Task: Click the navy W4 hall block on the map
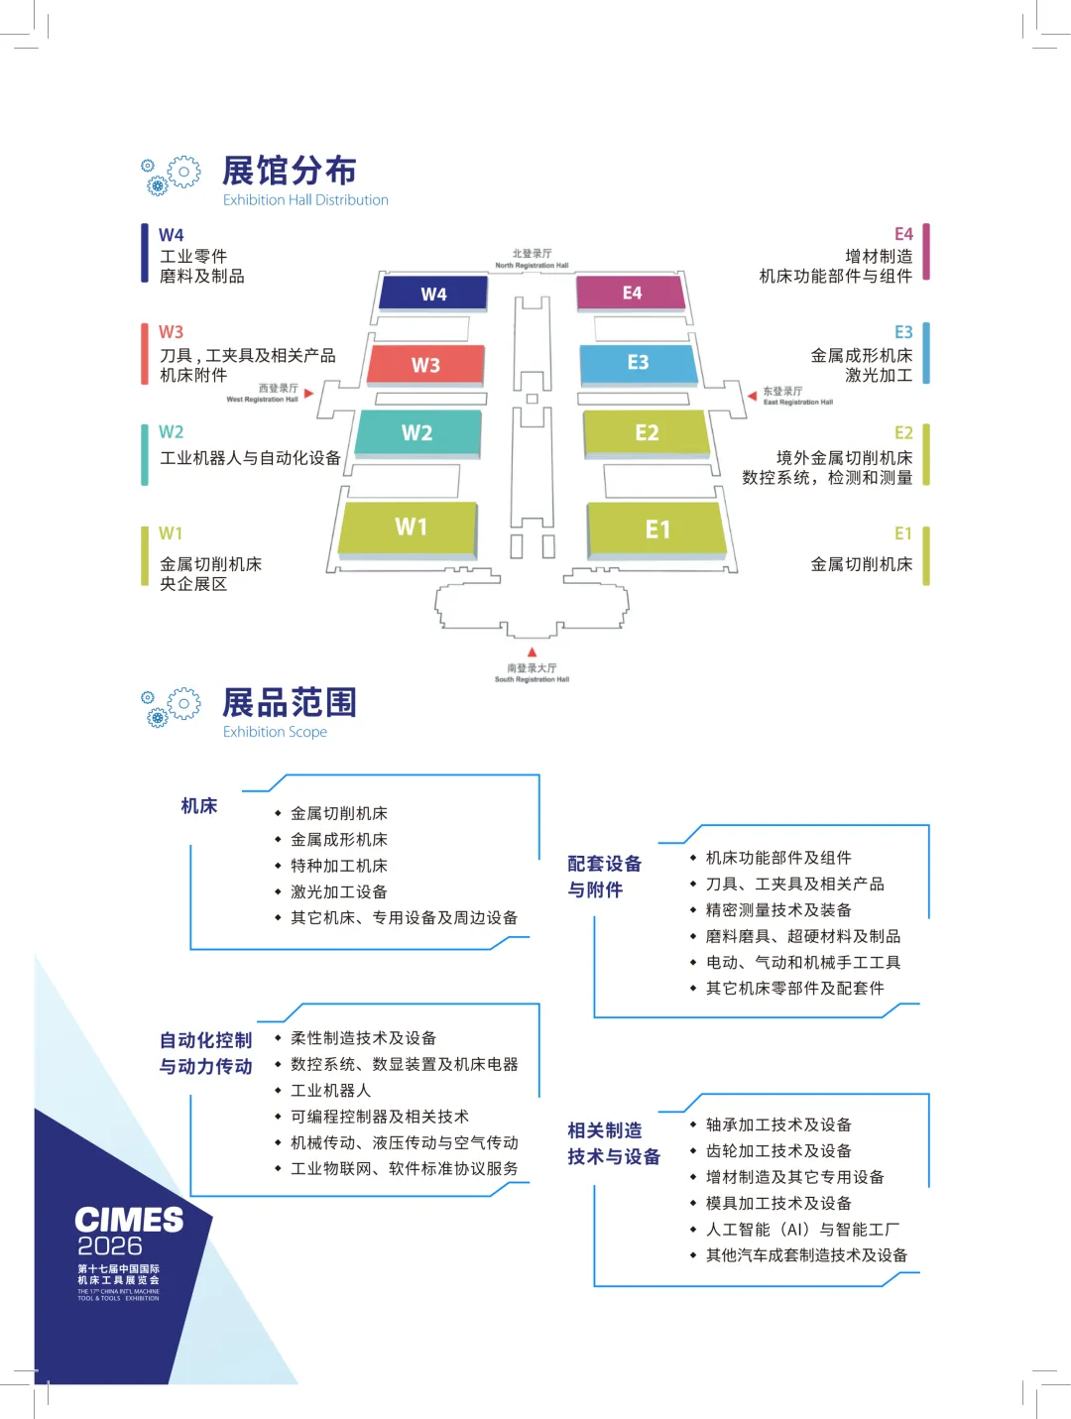click(x=433, y=294)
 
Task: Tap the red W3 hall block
click(x=425, y=365)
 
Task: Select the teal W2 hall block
click(x=417, y=433)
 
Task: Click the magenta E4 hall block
click(x=631, y=293)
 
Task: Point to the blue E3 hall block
click(x=638, y=363)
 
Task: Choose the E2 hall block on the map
click(x=647, y=432)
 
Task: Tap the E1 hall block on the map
click(x=657, y=529)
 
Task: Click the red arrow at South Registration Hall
click(x=533, y=651)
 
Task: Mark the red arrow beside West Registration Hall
click(x=309, y=394)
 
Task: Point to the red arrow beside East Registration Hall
click(x=752, y=396)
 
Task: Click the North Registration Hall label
click(x=533, y=259)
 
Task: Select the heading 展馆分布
click(x=290, y=171)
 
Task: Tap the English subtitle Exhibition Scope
click(x=275, y=732)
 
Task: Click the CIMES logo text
click(x=129, y=1220)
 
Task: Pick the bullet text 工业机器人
click(x=331, y=1091)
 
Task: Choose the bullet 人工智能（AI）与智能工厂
click(x=802, y=1230)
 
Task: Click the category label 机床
click(x=199, y=806)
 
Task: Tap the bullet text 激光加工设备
click(x=339, y=892)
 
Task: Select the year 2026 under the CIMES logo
click(x=110, y=1246)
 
